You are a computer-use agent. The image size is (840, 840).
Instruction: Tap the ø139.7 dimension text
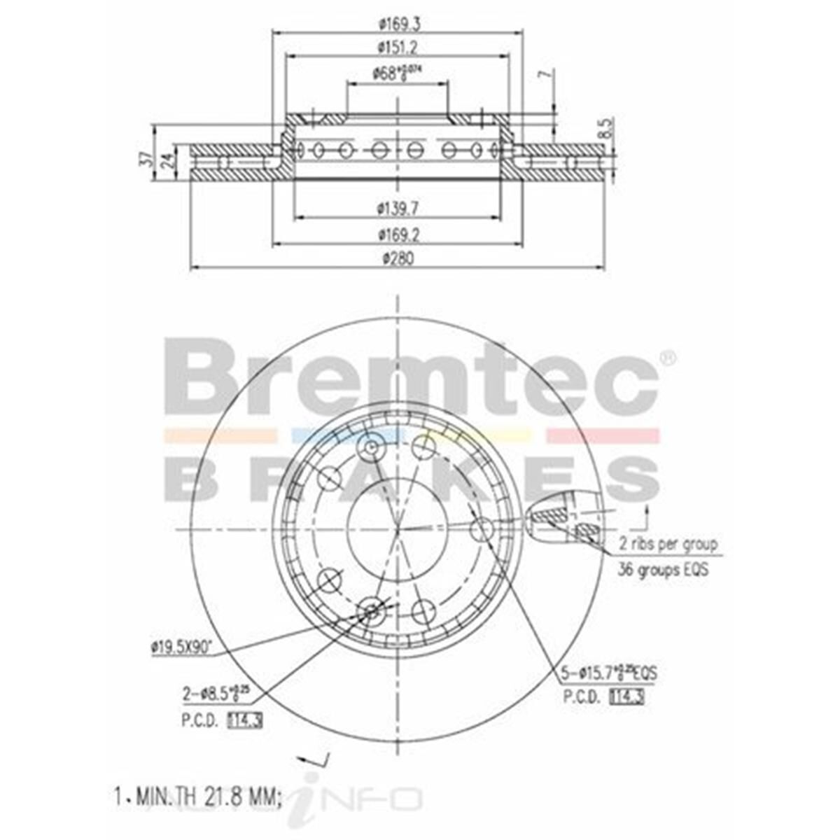coord(397,208)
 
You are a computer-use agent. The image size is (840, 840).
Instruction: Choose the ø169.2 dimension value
coord(397,233)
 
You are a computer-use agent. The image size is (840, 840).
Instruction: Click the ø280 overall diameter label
coord(397,258)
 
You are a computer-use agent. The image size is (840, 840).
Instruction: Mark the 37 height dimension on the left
coord(146,158)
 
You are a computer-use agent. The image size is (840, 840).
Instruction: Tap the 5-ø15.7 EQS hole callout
coord(609,674)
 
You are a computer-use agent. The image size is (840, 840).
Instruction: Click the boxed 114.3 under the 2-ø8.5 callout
coord(244,719)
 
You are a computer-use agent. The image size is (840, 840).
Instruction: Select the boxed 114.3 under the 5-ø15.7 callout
coord(626,697)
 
